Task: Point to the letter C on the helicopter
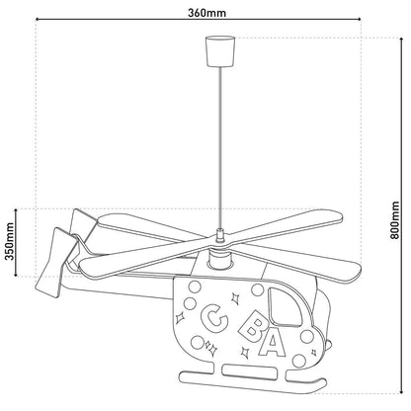pyautogui.click(x=210, y=319)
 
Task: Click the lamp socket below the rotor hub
pyautogui.click(x=219, y=262)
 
